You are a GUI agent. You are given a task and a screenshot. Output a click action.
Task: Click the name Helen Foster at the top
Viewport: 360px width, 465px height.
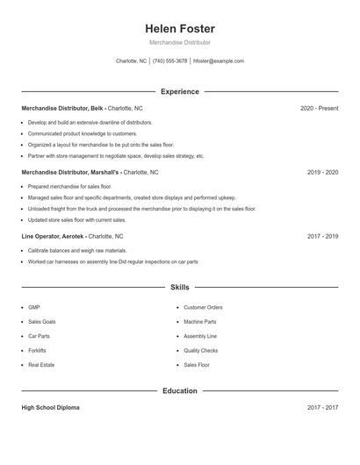[179, 29]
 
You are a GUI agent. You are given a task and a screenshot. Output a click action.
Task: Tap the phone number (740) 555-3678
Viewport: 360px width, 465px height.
[169, 61]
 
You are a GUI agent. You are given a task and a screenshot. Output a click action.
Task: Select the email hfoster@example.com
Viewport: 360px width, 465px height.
[219, 61]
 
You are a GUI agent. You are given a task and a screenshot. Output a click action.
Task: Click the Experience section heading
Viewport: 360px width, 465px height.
[179, 91]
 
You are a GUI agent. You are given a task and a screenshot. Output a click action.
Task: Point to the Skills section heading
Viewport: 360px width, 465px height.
[179, 287]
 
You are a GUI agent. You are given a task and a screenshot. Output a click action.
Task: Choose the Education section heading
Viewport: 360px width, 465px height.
[179, 390]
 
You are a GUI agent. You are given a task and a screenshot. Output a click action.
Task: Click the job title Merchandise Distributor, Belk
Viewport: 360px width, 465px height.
[62, 108]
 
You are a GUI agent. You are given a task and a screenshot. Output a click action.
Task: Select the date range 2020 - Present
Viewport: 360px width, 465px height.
[319, 108]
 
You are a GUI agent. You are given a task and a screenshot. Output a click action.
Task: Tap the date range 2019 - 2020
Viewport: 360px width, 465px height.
[322, 173]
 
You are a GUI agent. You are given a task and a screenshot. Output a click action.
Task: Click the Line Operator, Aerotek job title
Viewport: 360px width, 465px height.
[53, 237]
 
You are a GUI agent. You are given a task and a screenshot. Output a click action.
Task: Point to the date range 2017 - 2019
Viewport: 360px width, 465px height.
[322, 237]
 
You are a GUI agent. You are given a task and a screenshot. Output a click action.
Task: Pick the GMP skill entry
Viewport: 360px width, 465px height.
[34, 308]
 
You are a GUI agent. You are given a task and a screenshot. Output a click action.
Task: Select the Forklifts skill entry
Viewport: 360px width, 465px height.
[39, 350]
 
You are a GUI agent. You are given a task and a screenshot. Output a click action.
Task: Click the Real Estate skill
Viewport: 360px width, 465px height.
[41, 365]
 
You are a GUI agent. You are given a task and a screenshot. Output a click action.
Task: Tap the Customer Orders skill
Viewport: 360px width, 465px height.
[203, 308]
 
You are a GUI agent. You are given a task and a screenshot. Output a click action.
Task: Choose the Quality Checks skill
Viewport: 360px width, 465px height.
[200, 350]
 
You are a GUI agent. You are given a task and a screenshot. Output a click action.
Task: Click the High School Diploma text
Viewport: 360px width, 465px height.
[50, 408]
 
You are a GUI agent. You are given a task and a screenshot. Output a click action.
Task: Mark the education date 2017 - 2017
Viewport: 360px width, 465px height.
[322, 408]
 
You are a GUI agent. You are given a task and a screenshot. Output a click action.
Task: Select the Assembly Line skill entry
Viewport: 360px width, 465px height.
[200, 336]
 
